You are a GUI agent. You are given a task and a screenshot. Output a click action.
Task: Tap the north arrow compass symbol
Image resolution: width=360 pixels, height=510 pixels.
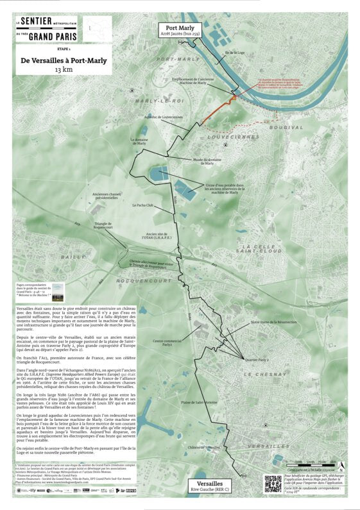[x=341, y=467]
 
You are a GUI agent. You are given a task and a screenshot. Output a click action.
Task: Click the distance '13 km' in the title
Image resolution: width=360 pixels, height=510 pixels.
[x=64, y=69]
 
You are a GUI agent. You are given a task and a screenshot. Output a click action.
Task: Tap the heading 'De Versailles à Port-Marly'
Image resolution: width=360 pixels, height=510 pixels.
[x=64, y=60]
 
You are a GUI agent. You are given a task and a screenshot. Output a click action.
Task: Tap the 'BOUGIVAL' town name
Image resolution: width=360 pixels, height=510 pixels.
[x=286, y=127]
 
